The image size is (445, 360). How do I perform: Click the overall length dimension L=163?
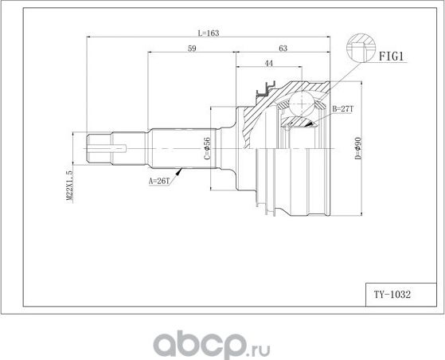[208, 33]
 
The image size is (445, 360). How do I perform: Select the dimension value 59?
[192, 49]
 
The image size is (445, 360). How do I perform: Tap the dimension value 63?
[283, 49]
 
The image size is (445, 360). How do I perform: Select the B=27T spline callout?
[343, 108]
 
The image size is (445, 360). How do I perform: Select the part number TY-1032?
[392, 293]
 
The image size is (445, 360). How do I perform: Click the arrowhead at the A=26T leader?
[185, 169]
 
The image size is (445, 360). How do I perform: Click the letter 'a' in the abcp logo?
[165, 342]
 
